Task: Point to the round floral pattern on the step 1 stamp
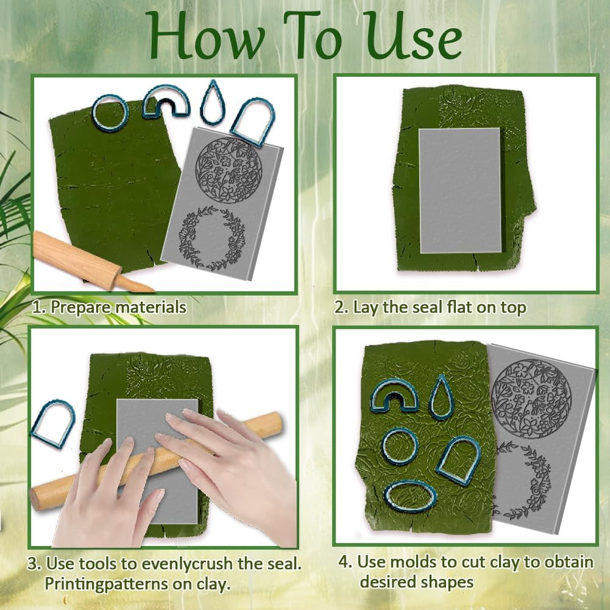coord(228,170)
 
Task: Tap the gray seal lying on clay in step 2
coord(460,190)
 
